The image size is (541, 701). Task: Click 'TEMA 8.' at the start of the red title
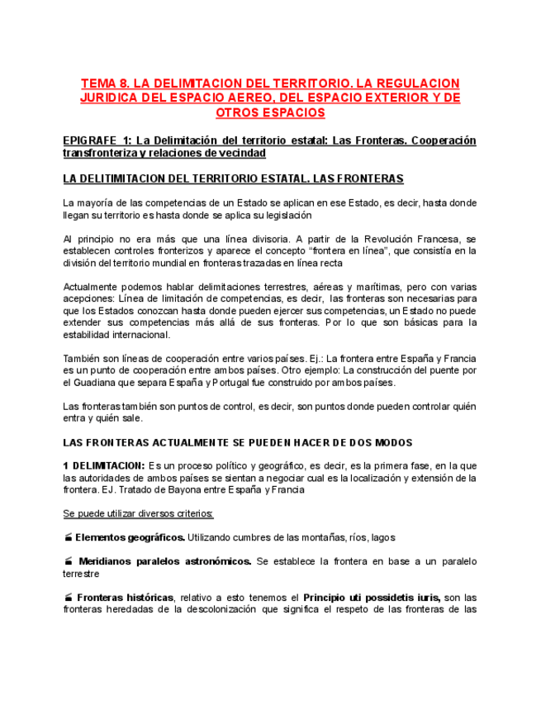pyautogui.click(x=104, y=83)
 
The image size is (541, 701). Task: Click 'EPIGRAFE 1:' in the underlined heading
pyautogui.click(x=97, y=141)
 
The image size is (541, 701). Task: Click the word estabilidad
pyautogui.click(x=88, y=335)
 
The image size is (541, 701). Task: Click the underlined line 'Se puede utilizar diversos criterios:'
pyautogui.click(x=138, y=513)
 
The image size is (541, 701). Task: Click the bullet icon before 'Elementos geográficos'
pyautogui.click(x=68, y=537)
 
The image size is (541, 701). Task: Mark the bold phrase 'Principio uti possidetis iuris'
pyautogui.click(x=372, y=598)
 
